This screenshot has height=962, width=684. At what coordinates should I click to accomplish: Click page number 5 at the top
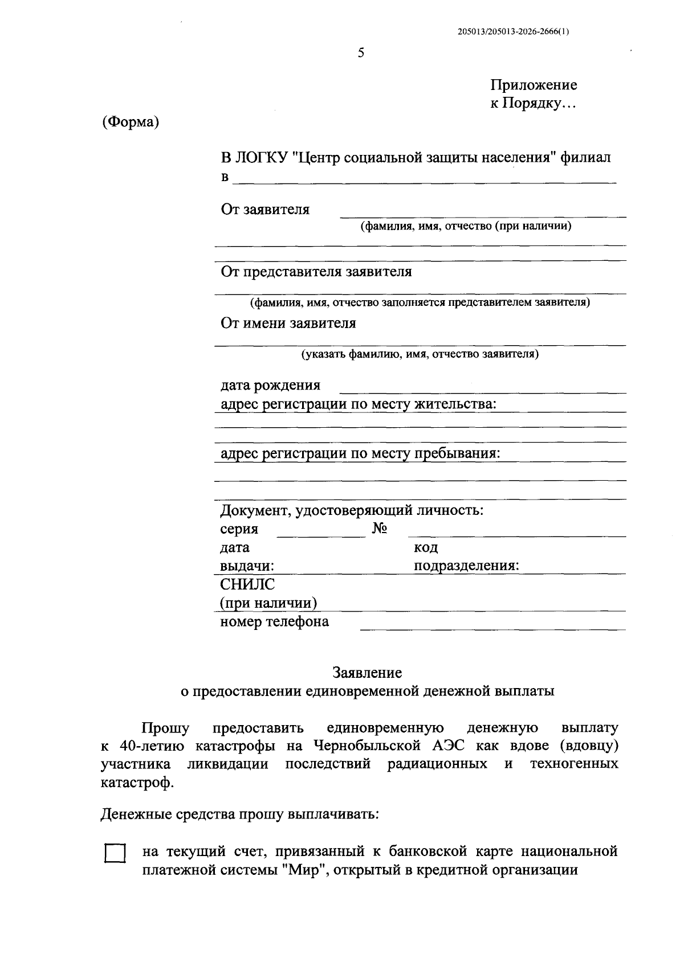[360, 54]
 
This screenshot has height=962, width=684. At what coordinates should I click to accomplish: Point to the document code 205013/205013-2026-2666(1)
[513, 32]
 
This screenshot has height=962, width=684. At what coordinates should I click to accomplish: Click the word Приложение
[534, 85]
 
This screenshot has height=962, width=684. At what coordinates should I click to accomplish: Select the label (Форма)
[131, 122]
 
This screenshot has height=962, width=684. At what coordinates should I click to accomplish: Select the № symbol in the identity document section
[380, 529]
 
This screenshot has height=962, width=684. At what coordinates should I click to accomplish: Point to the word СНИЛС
[247, 584]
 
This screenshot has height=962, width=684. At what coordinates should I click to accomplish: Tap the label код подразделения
[466, 557]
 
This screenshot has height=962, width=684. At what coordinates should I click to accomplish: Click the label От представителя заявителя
[316, 272]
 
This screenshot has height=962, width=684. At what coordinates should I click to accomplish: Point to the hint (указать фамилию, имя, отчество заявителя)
[420, 354]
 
